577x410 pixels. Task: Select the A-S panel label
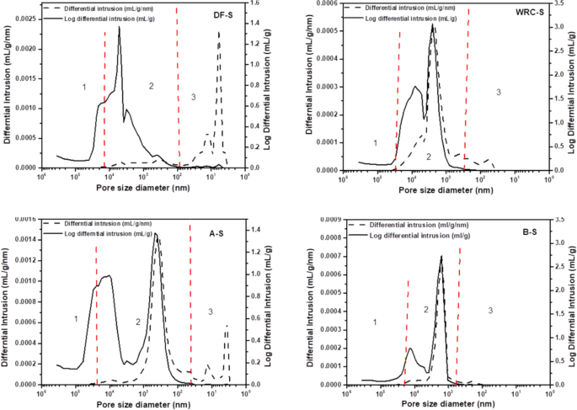216,232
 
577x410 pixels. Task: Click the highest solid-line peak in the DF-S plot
119,27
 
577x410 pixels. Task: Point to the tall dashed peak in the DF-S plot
219,33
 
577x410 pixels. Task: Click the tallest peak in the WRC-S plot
433,25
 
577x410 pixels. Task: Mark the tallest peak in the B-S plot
441,257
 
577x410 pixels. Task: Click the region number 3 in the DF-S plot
193,99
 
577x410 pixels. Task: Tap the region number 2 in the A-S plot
136,322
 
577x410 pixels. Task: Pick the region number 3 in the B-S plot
490,311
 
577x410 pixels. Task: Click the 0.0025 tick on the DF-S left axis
25,17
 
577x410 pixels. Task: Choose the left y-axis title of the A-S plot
6,303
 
